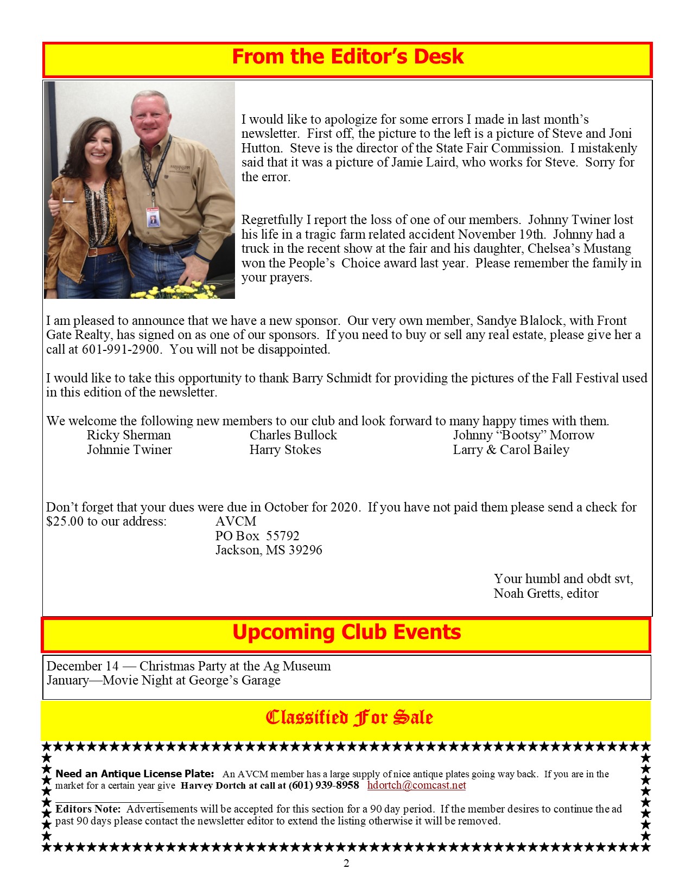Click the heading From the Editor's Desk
pyautogui.click(x=347, y=57)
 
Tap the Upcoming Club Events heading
pyautogui.click(x=346, y=632)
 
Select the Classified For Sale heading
pyautogui.click(x=349, y=718)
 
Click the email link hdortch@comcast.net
pyautogui.click(x=416, y=785)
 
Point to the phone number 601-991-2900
pyautogui.click(x=120, y=349)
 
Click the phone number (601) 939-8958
pyautogui.click(x=323, y=785)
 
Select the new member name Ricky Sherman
pyautogui.click(x=129, y=435)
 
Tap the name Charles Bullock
pyautogui.click(x=293, y=435)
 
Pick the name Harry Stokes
pyautogui.click(x=285, y=450)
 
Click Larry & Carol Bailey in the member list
pyautogui.click(x=511, y=450)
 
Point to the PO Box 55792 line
pyautogui.click(x=257, y=536)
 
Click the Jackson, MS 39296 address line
pyautogui.click(x=269, y=550)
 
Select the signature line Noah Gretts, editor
pyautogui.click(x=545, y=593)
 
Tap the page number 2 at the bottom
pyautogui.click(x=346, y=863)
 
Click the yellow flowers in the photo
pyautogui.click(x=185, y=291)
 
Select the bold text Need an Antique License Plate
pyautogui.click(x=135, y=774)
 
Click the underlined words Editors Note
pyautogui.click(x=88, y=809)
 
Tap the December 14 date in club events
pyautogui.click(x=82, y=666)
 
